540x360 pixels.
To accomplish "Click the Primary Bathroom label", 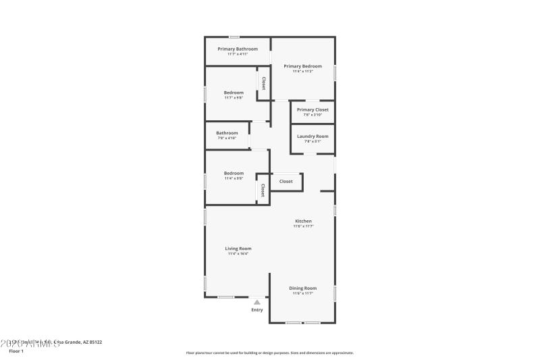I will click(x=238, y=49).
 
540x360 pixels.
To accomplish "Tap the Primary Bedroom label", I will click(x=302, y=66).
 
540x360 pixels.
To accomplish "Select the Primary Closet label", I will click(x=313, y=109).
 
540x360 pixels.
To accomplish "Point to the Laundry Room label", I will click(x=313, y=136).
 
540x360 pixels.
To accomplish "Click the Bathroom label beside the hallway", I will click(x=227, y=133).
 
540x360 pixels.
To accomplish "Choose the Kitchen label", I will click(x=303, y=221).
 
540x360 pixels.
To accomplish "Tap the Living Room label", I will click(x=238, y=249).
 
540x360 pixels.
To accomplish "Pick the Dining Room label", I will click(x=303, y=288).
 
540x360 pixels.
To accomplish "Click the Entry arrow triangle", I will click(x=257, y=303).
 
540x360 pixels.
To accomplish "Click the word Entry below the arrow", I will click(x=257, y=310).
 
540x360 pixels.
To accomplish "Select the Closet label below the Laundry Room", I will click(x=286, y=181).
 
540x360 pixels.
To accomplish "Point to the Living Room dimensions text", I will click(x=238, y=254).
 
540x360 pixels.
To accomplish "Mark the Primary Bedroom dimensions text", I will click(x=302, y=72).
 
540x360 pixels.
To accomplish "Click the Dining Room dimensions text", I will click(x=303, y=293).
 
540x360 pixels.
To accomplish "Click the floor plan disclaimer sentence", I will click(x=269, y=353).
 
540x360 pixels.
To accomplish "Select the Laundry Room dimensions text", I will click(x=313, y=142).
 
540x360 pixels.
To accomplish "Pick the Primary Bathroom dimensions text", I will click(x=238, y=54).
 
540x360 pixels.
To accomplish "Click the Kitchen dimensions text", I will click(x=303, y=226).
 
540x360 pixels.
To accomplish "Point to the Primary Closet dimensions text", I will click(x=313, y=115).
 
